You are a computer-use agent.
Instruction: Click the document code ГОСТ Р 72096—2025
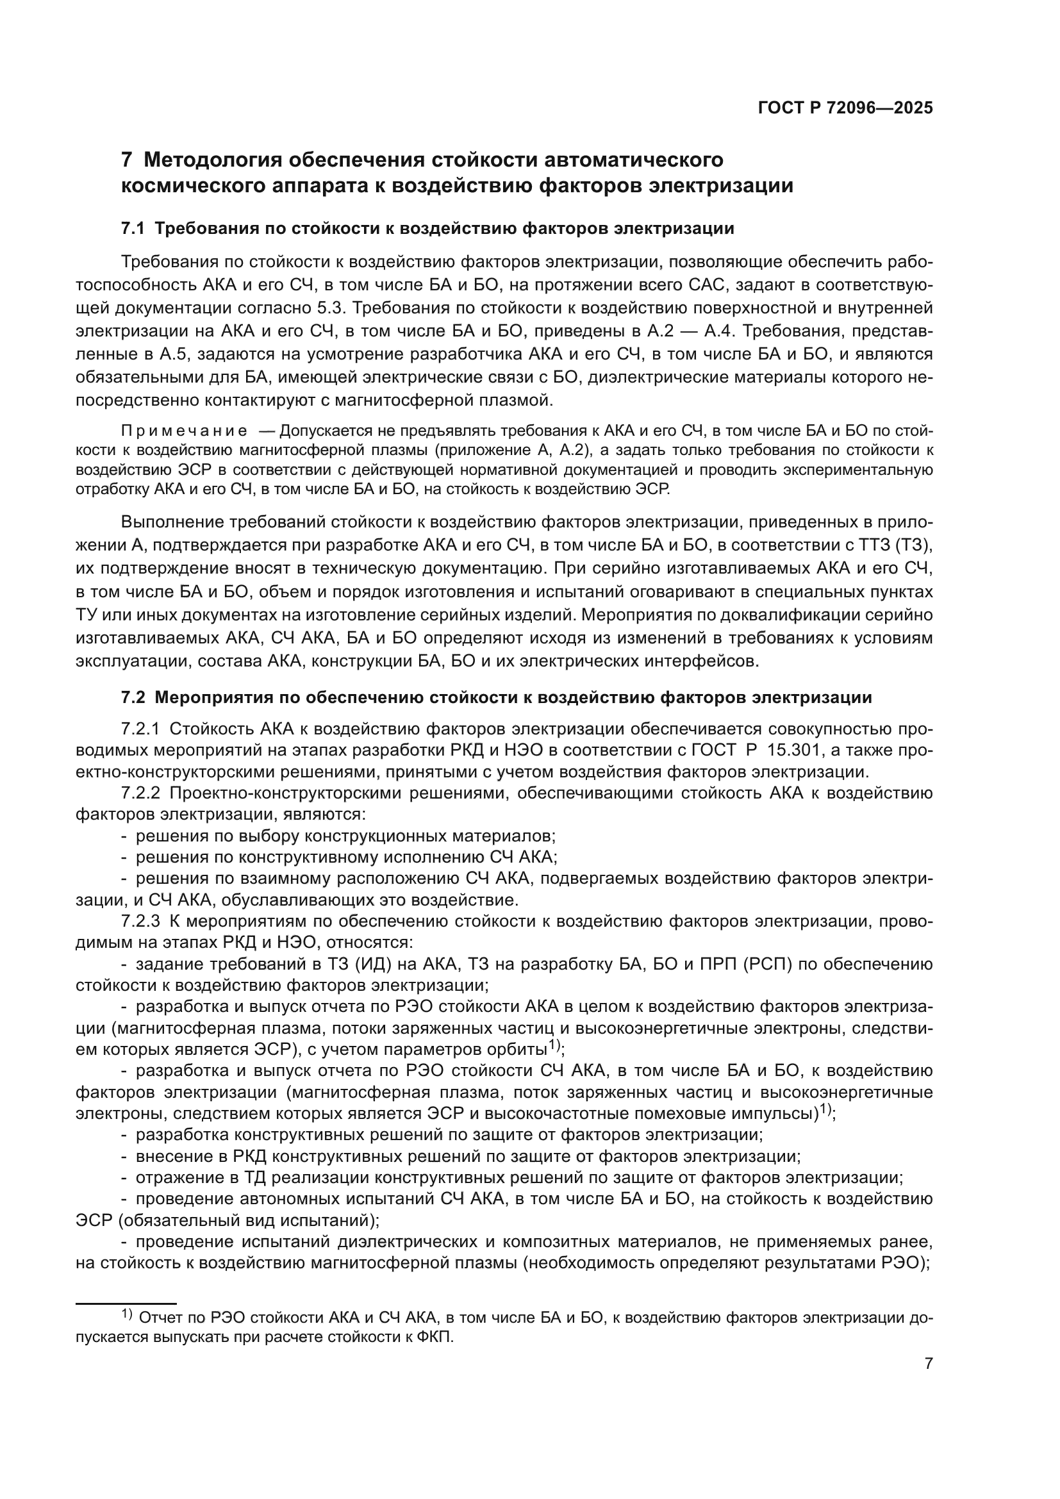coord(845,108)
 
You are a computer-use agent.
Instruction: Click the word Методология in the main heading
coord(211,160)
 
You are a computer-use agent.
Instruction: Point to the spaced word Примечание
coord(185,431)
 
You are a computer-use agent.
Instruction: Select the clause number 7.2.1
coord(140,729)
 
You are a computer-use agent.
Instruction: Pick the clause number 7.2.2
coord(140,793)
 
